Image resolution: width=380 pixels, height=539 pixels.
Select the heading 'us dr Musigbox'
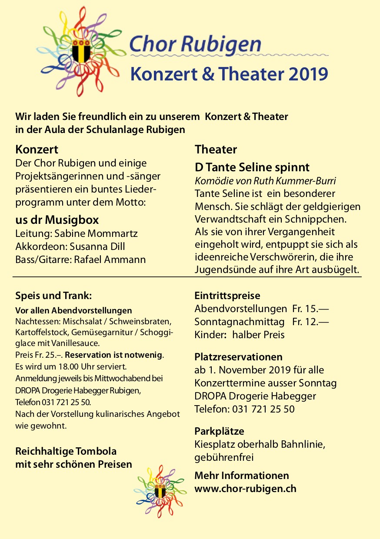57,220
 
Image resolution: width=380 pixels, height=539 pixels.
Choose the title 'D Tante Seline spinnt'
252,167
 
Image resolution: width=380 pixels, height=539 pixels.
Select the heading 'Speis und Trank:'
53,296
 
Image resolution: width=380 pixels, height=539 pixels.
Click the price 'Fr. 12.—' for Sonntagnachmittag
310,322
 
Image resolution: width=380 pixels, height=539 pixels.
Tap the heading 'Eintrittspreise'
227,296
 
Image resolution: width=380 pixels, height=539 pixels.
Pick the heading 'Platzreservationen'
238,357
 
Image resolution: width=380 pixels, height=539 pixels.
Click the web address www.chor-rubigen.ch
245,488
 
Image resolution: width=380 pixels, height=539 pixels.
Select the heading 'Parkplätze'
219,431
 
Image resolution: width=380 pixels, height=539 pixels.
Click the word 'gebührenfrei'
224,457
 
